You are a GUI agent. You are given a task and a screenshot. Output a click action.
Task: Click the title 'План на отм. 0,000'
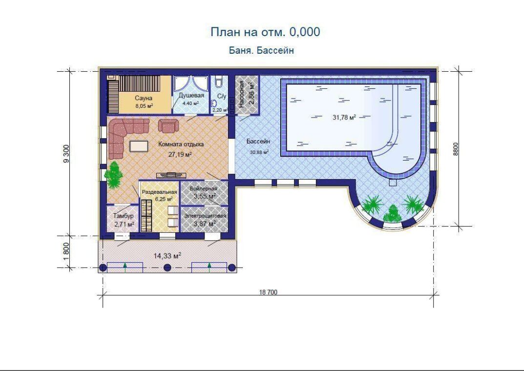click(265, 32)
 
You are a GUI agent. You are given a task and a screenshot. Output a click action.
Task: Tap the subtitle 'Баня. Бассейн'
click(261, 50)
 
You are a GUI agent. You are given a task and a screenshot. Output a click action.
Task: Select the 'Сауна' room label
click(144, 98)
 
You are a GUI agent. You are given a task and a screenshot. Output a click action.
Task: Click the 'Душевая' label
click(191, 95)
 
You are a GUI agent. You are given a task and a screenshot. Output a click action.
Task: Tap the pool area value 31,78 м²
click(344, 117)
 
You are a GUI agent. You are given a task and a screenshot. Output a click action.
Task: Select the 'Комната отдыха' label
click(181, 144)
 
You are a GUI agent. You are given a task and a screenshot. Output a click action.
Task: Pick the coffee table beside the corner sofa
click(139, 145)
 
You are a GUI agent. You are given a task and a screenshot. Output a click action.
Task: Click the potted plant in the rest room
click(114, 175)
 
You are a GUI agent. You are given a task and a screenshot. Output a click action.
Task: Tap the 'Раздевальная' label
click(159, 192)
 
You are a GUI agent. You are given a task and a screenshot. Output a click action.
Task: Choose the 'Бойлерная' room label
click(204, 188)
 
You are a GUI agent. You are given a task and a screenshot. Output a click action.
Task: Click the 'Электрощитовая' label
click(205, 216)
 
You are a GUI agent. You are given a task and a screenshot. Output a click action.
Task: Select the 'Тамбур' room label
click(124, 216)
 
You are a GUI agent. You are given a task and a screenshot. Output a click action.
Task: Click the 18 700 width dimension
click(268, 292)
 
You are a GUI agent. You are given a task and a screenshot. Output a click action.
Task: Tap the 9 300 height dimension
click(66, 154)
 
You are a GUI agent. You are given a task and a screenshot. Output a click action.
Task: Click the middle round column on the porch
click(168, 268)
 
